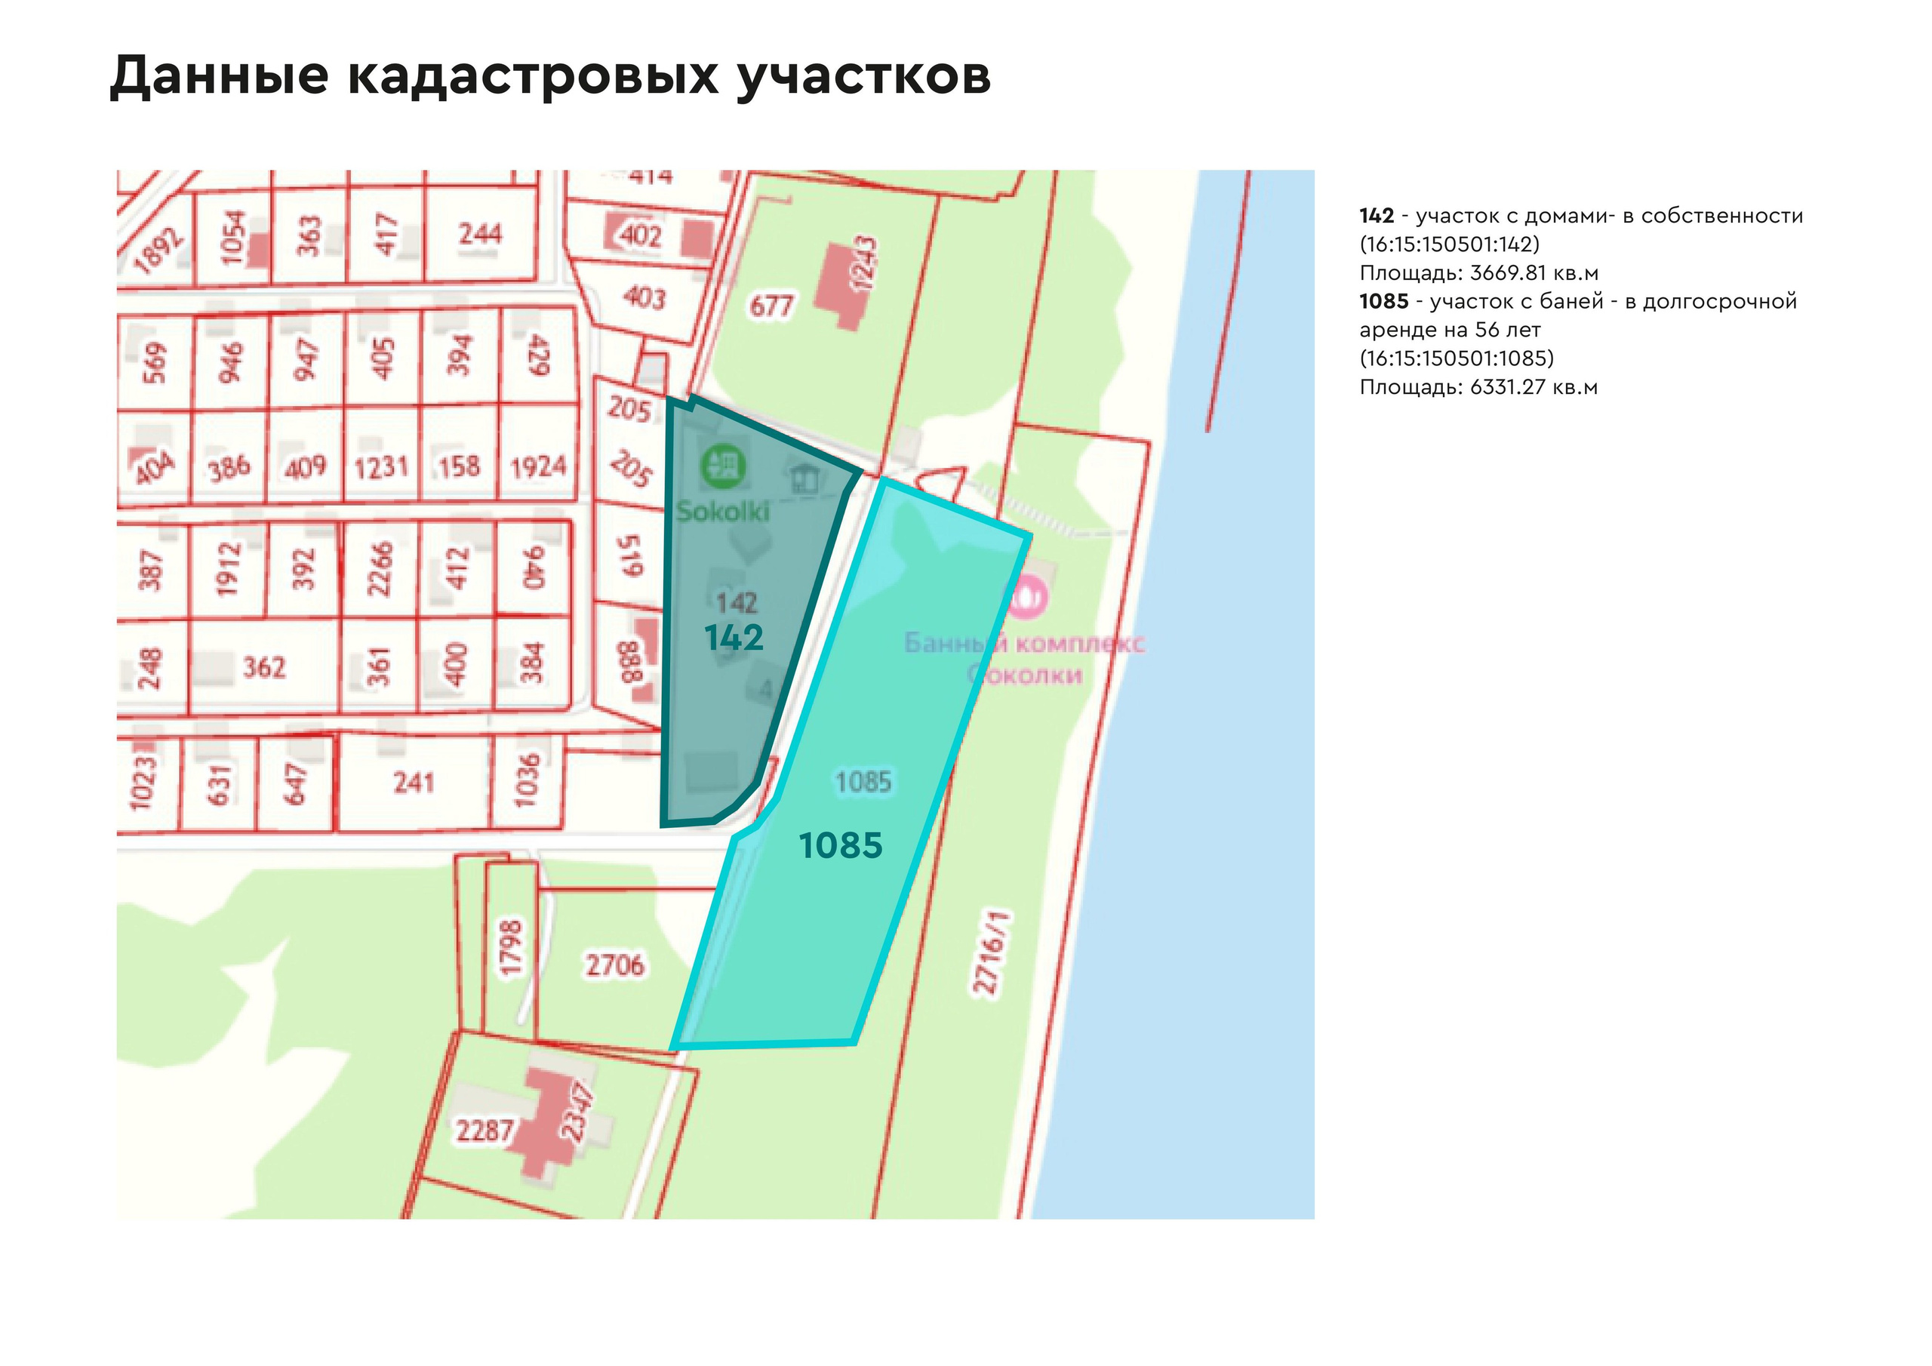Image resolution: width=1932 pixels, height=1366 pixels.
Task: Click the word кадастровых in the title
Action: (533, 76)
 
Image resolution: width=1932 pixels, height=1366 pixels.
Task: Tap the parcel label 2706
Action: (615, 965)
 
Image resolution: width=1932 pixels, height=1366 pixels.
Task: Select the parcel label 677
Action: (771, 306)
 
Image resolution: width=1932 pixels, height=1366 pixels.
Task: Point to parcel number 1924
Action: (539, 466)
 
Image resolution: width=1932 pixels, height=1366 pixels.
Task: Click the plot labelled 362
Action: (264, 667)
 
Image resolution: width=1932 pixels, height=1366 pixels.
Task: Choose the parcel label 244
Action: (480, 233)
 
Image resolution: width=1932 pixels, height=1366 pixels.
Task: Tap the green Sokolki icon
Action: (724, 466)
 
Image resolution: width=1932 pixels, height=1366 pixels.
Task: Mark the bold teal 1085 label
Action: (841, 845)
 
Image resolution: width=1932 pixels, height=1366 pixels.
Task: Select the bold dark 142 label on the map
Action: (734, 638)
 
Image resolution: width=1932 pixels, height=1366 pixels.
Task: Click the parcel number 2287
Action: (484, 1130)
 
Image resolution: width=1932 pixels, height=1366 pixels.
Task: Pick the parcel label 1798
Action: (511, 949)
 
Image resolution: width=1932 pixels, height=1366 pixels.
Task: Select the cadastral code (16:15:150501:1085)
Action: (1457, 358)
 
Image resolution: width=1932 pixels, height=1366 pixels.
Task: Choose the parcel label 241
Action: (413, 783)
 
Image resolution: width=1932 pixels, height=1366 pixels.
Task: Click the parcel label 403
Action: (644, 297)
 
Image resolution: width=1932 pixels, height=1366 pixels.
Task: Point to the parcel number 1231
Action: (380, 467)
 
